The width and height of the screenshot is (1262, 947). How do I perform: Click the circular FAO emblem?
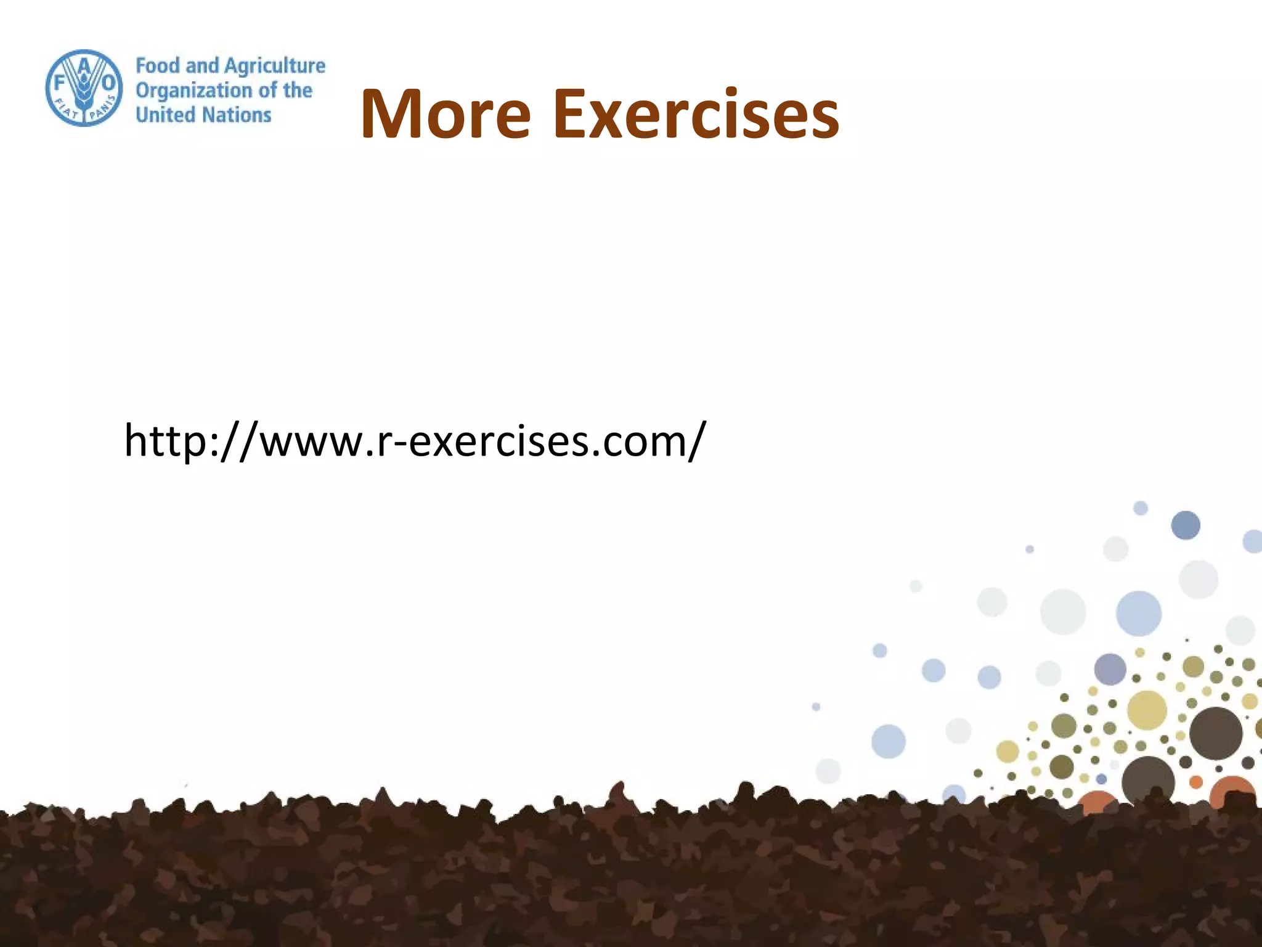84,88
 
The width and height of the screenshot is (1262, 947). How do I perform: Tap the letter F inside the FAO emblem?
60,82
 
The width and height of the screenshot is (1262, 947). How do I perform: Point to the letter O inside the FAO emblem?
108,83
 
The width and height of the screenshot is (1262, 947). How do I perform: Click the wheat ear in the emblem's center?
84,92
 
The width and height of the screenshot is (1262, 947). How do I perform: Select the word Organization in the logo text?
193,91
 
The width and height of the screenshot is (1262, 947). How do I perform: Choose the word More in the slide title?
445,115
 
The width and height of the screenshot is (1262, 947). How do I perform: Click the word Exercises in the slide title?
696,115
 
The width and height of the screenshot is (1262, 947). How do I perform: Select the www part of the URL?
312,443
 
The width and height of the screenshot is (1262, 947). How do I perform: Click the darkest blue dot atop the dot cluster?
1185,525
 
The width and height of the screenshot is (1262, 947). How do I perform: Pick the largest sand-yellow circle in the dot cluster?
1147,710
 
